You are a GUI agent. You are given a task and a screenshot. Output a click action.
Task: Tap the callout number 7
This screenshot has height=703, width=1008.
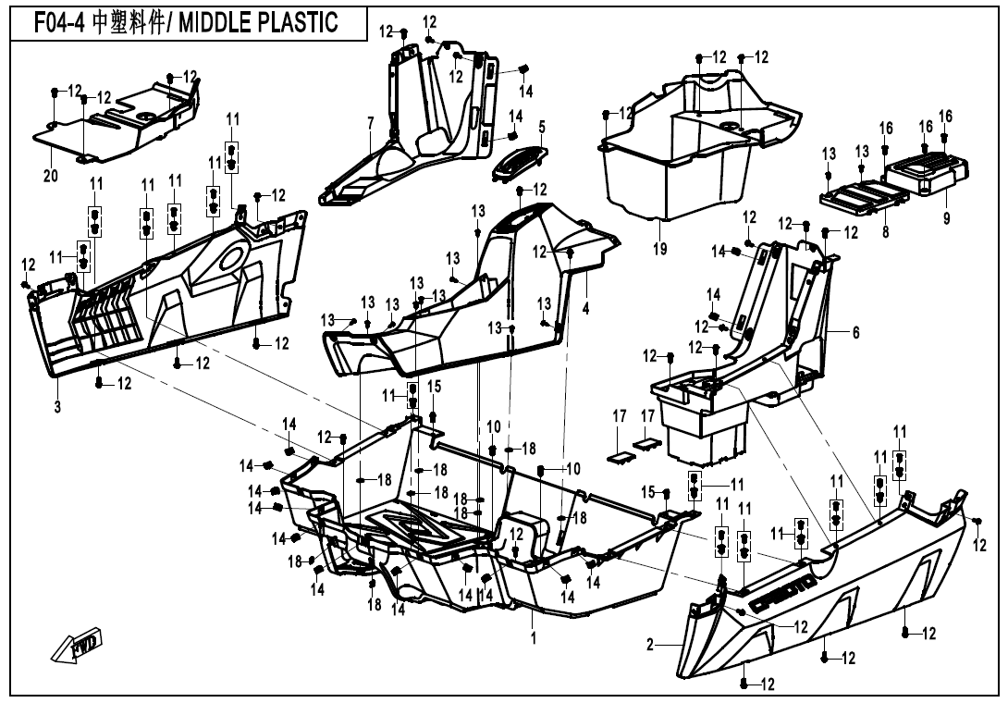coord(370,122)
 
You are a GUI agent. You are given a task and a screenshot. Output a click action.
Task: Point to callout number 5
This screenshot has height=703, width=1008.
coord(542,125)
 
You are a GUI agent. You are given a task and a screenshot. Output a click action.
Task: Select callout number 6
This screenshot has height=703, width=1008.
coord(855,332)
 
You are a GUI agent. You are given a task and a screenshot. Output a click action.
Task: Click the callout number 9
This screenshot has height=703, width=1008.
coord(945,218)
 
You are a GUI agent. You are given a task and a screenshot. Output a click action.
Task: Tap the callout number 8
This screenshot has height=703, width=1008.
coord(885,233)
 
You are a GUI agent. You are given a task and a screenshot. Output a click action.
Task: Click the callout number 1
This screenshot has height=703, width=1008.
coord(533,636)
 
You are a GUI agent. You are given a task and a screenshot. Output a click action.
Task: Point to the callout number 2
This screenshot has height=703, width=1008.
coord(650,645)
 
